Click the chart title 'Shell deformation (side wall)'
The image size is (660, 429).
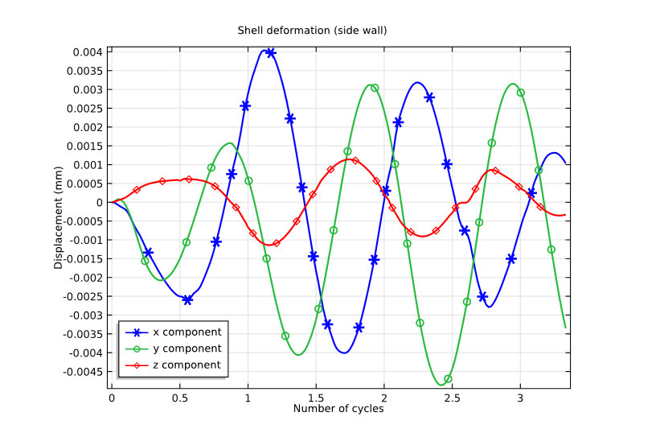tap(312, 31)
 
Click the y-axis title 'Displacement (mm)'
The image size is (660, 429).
tap(59, 217)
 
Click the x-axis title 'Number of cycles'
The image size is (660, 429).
tap(338, 409)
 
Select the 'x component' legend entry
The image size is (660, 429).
tap(187, 332)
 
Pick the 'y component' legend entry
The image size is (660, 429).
tap(187, 349)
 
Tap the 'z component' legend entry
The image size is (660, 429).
tap(187, 365)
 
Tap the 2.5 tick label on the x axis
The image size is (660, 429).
tap(452, 398)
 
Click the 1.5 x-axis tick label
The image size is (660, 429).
tap(316, 398)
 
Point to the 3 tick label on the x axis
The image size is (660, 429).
tap(520, 398)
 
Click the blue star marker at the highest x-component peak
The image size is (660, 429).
tap(271, 53)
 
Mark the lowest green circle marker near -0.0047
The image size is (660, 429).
tap(448, 378)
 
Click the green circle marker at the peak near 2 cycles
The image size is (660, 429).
tap(375, 88)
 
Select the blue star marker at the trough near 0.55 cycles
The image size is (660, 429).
tap(187, 299)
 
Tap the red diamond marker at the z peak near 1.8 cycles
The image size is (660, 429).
tap(355, 161)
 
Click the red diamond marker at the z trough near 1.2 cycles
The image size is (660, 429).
tap(276, 243)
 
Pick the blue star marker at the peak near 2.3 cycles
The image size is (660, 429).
tap(429, 97)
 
